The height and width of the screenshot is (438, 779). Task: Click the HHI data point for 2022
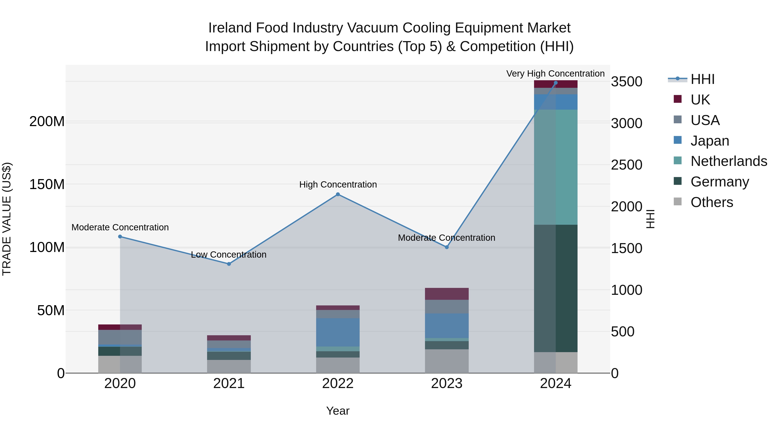pos(338,194)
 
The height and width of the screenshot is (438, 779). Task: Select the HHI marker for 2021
pos(229,264)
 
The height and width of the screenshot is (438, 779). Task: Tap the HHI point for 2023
pos(447,247)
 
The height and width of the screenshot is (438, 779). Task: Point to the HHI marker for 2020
pos(120,237)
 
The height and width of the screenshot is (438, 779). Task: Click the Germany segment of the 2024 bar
pos(555,288)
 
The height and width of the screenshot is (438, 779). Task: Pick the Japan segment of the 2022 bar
pos(338,332)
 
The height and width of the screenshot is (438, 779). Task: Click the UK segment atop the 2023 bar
pos(447,294)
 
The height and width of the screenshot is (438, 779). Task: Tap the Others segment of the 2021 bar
pos(229,366)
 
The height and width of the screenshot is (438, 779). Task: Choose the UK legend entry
pos(700,99)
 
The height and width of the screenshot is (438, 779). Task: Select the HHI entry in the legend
pos(702,79)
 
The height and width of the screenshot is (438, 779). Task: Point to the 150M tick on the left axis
pos(47,184)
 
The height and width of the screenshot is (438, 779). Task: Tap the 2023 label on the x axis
pos(447,383)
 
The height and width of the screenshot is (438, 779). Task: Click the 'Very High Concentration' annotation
pos(555,74)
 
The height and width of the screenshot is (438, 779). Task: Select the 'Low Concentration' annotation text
pos(229,255)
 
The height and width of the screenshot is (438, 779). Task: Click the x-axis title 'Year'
pos(338,411)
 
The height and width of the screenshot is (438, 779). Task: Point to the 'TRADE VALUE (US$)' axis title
pos(7,219)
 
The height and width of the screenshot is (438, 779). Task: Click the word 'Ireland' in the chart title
pos(230,28)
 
